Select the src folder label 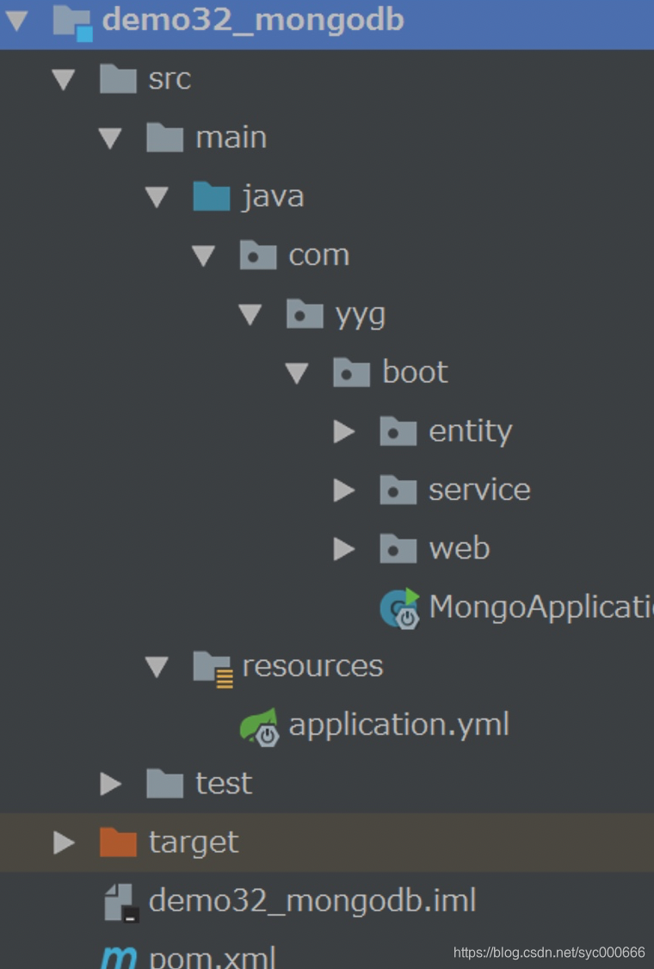click(169, 79)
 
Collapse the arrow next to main click(110, 138)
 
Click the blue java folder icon click(211, 197)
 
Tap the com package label click(318, 256)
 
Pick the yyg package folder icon click(305, 314)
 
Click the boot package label click(415, 373)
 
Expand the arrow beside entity click(344, 431)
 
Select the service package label click(479, 490)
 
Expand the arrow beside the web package click(344, 548)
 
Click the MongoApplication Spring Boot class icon click(400, 608)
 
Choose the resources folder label click(312, 666)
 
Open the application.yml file click(398, 725)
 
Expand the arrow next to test click(110, 784)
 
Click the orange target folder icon click(118, 842)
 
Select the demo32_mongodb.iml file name click(312, 901)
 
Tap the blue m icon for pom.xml click(118, 957)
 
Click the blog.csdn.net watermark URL click(549, 952)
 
